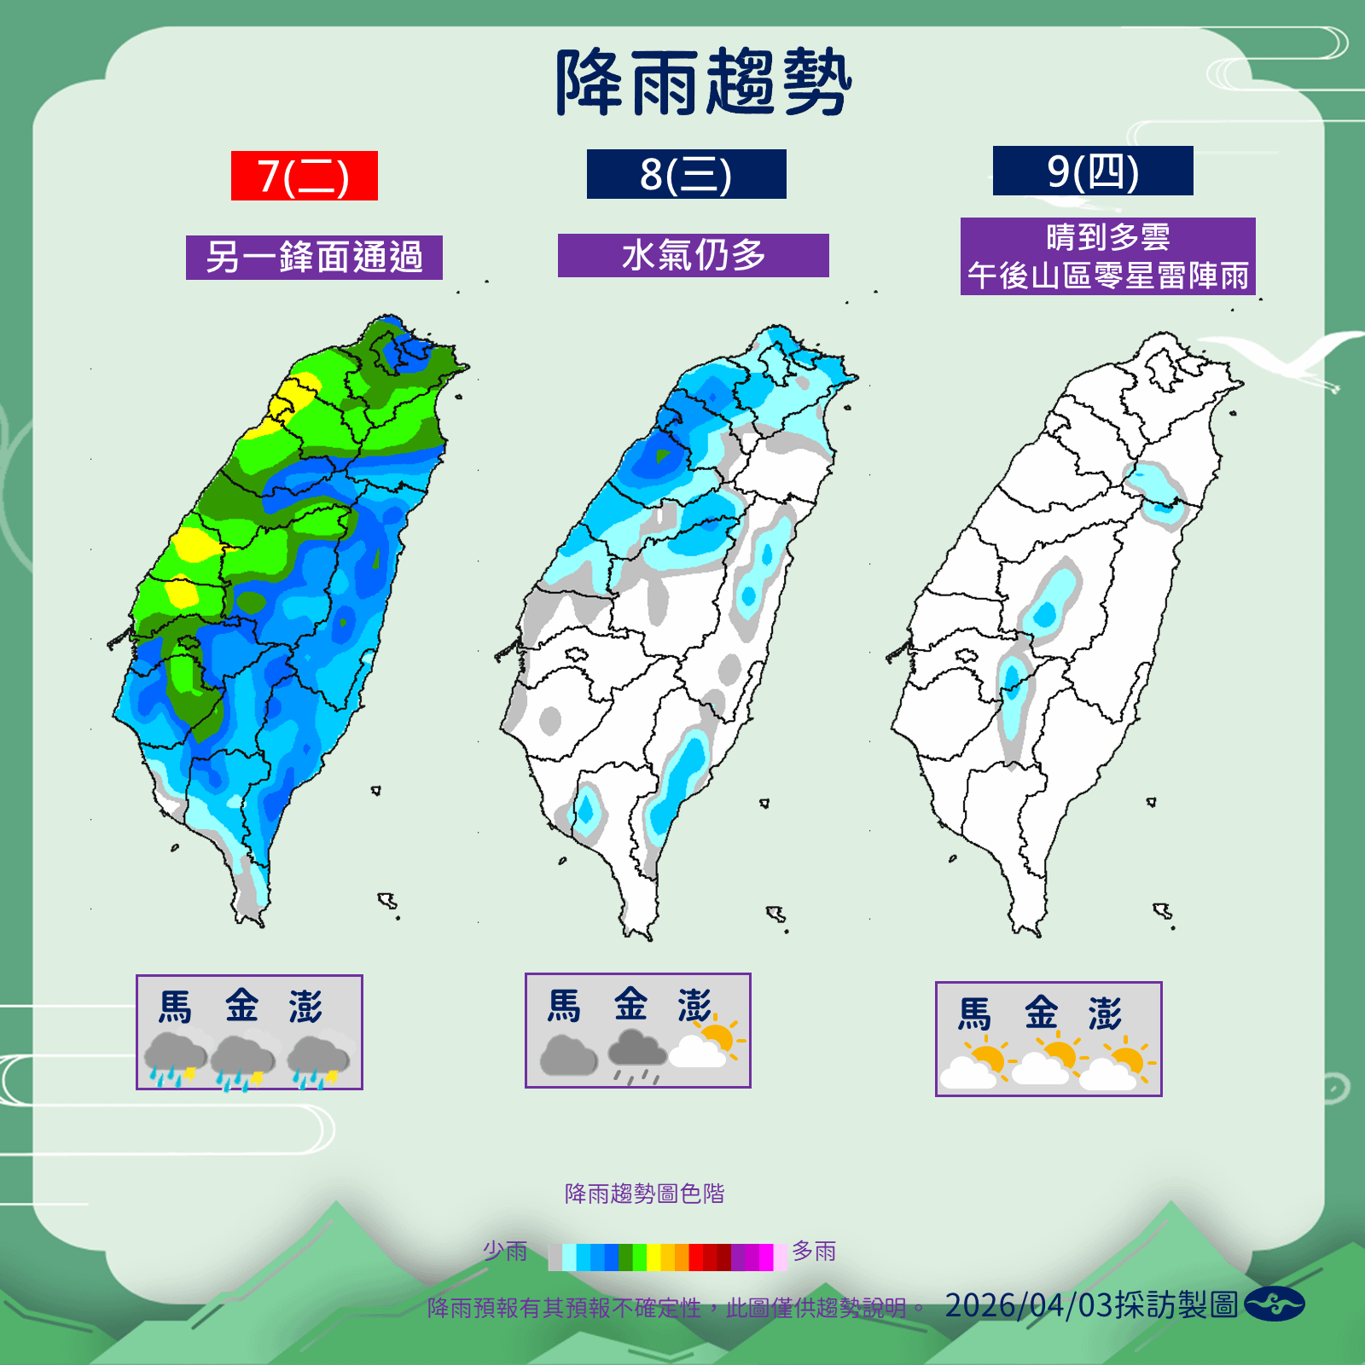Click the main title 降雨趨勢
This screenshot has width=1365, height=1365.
pyautogui.click(x=703, y=83)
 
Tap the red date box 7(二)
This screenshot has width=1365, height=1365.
pyautogui.click(x=304, y=176)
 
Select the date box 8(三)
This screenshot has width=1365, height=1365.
pyautogui.click(x=686, y=174)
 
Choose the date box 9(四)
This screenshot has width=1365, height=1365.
pyautogui.click(x=1092, y=171)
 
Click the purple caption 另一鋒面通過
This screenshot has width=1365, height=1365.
pyautogui.click(x=314, y=257)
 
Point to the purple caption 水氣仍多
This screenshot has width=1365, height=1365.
pyautogui.click(x=693, y=255)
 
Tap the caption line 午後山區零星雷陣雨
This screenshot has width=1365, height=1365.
pyautogui.click(x=1107, y=276)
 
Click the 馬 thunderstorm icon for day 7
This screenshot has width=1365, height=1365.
pyautogui.click(x=174, y=1059)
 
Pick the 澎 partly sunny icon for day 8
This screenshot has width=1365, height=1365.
pyautogui.click(x=706, y=1046)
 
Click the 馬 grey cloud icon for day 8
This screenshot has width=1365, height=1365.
pyautogui.click(x=568, y=1055)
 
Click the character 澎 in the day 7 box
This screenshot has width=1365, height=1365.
pyautogui.click(x=305, y=1007)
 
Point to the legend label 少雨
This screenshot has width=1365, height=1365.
pyautogui.click(x=505, y=1251)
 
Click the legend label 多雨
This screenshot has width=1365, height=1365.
pyautogui.click(x=814, y=1251)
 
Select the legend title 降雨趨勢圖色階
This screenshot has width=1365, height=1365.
pyautogui.click(x=644, y=1194)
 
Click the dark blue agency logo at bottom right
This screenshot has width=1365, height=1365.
pyautogui.click(x=1274, y=1304)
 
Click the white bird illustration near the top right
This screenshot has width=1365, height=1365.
pyautogui.click(x=1280, y=354)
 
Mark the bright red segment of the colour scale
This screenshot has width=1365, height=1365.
pyautogui.click(x=696, y=1258)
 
